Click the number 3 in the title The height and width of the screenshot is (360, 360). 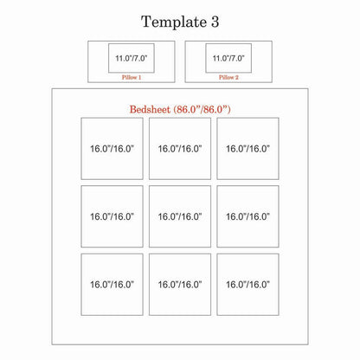tap(215, 22)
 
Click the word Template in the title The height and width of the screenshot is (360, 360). tap(174, 22)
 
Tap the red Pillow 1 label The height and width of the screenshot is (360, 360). tap(132, 77)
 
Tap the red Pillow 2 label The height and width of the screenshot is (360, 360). tap(228, 77)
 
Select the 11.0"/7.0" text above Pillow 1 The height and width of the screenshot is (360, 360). tap(132, 58)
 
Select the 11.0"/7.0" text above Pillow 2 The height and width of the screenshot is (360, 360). tap(228, 58)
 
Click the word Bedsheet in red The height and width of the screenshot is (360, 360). tap(150, 109)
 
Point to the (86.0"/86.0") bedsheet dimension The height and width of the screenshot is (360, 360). tap(202, 109)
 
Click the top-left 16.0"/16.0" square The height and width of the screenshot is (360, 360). tap(112, 149)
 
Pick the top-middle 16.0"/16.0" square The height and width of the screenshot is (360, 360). tap(180, 149)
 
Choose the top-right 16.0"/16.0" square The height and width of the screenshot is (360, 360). tap(247, 149)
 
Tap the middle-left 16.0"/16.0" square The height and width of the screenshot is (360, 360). tap(112, 216)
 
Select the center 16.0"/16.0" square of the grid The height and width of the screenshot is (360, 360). tap(180, 216)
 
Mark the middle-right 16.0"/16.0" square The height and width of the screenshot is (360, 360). tap(247, 216)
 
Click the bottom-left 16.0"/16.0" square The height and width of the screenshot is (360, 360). tap(112, 285)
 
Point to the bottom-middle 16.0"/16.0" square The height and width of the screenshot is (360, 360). tap(180, 285)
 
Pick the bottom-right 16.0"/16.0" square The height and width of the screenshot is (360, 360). tap(247, 285)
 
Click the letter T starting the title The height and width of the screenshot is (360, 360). tap(146, 22)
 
